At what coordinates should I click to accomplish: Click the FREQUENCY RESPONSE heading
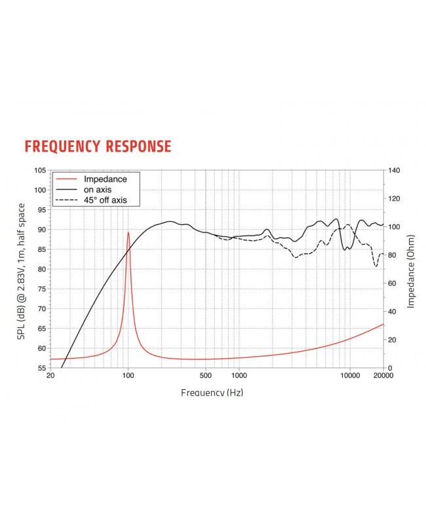tap(98, 146)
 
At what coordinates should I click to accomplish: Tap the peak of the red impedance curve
tap(128, 232)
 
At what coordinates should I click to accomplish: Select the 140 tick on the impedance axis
tap(395, 171)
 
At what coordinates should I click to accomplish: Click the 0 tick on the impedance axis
tap(391, 368)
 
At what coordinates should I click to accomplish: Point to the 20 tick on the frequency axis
tap(50, 377)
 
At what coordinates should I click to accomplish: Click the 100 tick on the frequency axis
tap(128, 377)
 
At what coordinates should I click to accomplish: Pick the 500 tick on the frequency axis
tap(206, 377)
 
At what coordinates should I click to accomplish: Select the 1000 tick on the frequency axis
tap(239, 377)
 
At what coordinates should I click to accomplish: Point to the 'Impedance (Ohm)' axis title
tap(411, 270)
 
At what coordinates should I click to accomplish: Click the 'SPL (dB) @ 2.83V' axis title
tap(22, 270)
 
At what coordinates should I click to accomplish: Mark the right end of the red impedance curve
tap(383, 324)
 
